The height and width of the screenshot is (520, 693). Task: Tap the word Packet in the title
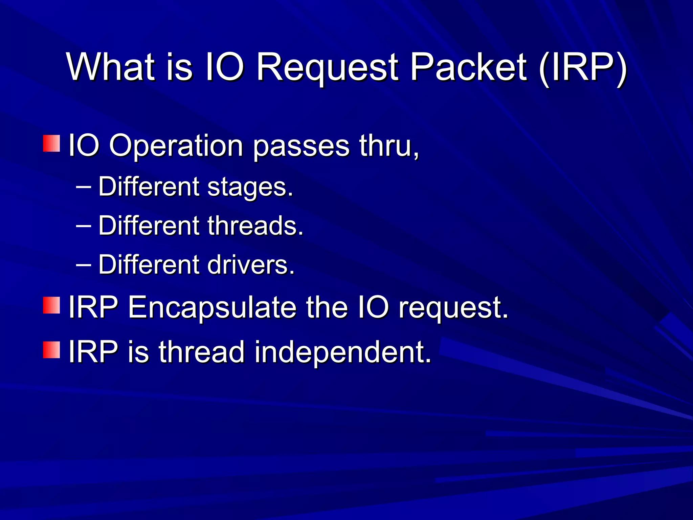coord(469,68)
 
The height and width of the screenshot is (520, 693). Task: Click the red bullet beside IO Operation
coord(51,144)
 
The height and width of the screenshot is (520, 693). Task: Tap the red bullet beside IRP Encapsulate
coord(51,305)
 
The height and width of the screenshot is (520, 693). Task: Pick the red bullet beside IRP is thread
coord(51,350)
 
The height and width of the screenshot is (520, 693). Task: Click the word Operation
coord(176,146)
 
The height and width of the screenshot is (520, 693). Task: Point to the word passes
coord(301,146)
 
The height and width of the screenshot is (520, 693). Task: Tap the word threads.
coord(255,226)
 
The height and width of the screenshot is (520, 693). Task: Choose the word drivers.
coord(251,265)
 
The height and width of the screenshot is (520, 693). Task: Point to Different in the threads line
coord(149,226)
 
